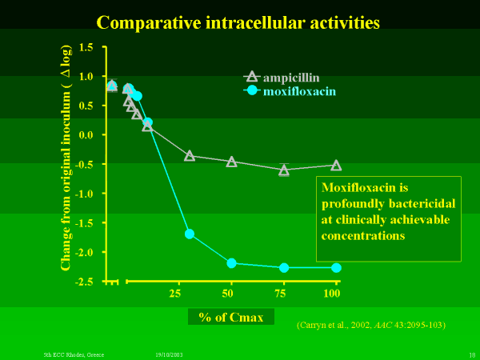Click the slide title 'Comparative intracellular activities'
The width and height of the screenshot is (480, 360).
coord(238,22)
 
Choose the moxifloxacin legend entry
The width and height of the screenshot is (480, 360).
coord(291,91)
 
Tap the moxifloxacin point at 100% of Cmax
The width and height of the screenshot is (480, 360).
coord(336,268)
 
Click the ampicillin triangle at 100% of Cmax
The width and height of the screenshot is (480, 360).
coord(336,166)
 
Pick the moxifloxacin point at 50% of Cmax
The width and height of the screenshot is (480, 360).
coord(232,263)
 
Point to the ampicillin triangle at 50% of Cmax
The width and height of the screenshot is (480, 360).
coord(232,162)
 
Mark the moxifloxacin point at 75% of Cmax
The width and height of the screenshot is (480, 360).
coord(284,267)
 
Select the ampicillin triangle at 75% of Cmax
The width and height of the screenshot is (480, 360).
coord(284,170)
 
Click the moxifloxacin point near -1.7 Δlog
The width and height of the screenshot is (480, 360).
coord(190,234)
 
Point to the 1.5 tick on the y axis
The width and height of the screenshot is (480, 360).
coord(86,48)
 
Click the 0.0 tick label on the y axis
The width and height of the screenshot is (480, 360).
coord(86,135)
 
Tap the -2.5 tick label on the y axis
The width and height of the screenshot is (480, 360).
coord(83,282)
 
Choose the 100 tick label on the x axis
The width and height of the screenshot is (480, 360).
coord(332,294)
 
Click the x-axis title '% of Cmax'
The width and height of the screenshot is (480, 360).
coord(231,317)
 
